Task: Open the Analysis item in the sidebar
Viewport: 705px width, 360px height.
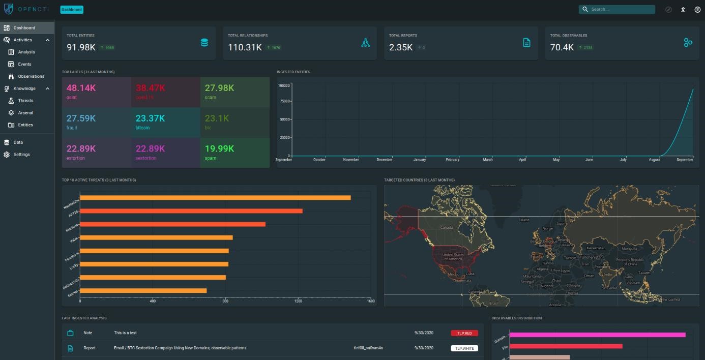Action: coord(26,52)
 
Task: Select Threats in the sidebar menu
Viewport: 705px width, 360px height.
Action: coord(25,101)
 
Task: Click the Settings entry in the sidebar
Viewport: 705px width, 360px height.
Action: coord(21,155)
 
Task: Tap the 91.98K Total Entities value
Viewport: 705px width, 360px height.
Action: coord(81,47)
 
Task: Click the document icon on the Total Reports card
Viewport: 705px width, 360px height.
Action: coord(526,43)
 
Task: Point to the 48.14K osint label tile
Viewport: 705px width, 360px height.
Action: coord(97,92)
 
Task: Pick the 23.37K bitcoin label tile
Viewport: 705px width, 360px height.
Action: coord(165,122)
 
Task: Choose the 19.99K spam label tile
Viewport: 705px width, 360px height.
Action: coord(234,153)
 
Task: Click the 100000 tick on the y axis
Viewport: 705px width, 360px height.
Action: coord(284,85)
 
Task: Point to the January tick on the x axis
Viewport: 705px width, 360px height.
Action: coord(420,160)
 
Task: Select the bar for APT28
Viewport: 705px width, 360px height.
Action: coord(191,211)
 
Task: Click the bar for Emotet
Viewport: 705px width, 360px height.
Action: coord(143,290)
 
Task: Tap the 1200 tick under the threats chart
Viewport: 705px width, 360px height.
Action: coord(298,301)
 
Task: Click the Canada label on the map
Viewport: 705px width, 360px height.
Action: coord(446,227)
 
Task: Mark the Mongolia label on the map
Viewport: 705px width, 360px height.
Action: coord(629,249)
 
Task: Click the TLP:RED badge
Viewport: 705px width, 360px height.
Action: coord(464,333)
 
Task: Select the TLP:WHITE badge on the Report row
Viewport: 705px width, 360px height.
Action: coord(464,348)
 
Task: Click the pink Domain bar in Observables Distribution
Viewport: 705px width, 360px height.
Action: coord(598,335)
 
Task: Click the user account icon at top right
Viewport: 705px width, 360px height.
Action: coord(697,10)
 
